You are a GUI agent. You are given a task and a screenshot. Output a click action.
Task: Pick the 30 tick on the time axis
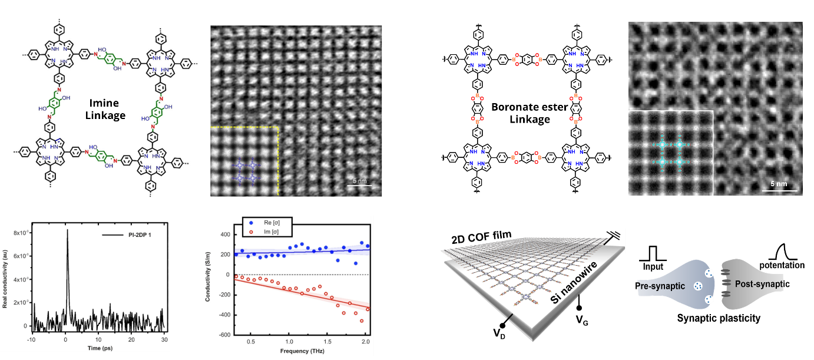(x=165, y=340)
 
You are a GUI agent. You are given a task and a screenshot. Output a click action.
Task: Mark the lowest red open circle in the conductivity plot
(x=362, y=321)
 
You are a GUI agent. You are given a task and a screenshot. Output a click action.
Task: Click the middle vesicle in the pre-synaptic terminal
(x=698, y=286)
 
